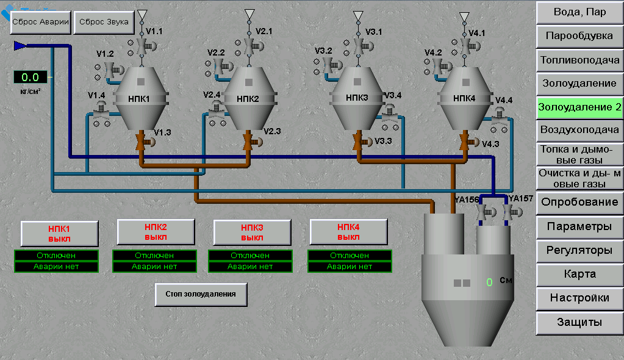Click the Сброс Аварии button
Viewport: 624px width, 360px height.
coord(41,23)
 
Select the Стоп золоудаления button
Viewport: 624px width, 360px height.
coord(201,294)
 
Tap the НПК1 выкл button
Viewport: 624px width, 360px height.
coord(59,234)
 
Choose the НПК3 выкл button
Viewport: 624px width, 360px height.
coord(252,232)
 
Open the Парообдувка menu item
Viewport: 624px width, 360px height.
coord(579,36)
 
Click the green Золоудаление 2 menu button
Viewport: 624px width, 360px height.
coord(579,107)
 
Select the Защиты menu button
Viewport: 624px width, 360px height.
coord(579,323)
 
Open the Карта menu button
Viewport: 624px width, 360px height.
coord(579,275)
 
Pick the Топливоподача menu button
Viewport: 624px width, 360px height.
coord(579,60)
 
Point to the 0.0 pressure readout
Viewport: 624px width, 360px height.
coord(30,77)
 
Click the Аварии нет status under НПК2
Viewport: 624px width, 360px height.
coord(154,267)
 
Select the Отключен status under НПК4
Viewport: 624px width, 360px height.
coord(350,255)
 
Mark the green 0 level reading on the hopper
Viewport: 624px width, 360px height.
coord(489,283)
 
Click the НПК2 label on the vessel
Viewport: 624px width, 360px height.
coord(248,99)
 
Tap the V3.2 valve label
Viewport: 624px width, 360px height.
coord(323,51)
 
